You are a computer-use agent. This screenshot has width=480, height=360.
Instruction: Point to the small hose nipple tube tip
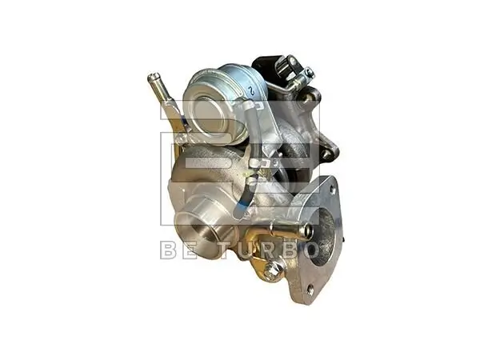[x=151, y=78]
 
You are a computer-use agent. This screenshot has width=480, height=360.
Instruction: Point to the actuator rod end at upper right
[x=308, y=73]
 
